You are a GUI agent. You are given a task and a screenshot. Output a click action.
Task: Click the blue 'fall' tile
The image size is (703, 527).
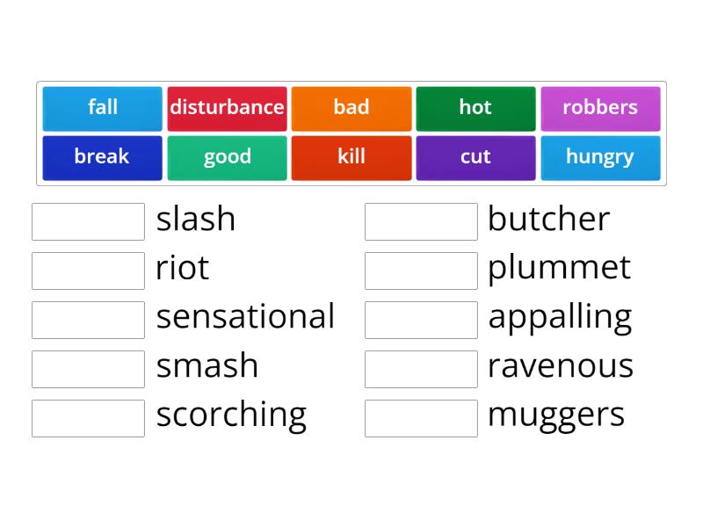click(102, 109)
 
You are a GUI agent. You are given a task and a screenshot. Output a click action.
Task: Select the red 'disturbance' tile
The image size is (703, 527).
click(227, 109)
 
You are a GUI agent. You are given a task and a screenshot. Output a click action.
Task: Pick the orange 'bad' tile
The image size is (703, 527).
click(351, 109)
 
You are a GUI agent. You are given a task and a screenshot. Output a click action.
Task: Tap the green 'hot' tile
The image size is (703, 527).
click(475, 109)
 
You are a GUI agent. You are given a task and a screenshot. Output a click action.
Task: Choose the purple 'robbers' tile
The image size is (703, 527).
click(600, 109)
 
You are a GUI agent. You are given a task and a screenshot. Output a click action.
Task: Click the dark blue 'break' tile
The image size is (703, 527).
click(102, 158)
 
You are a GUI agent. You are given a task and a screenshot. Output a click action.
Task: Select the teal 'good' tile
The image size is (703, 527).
click(227, 158)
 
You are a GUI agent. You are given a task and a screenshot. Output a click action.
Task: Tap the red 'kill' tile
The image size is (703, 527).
click(351, 158)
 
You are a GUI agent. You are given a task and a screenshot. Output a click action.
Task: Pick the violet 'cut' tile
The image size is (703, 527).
click(475, 158)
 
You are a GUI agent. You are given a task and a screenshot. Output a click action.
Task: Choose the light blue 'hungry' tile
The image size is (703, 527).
click(600, 158)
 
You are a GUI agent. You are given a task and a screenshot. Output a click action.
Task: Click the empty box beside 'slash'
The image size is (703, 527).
click(89, 221)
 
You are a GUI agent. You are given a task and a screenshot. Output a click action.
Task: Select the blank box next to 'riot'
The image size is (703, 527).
click(89, 271)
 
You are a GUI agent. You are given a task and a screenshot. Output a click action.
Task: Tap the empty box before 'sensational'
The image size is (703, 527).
click(89, 320)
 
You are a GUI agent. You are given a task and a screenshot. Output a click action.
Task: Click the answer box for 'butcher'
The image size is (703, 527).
click(421, 221)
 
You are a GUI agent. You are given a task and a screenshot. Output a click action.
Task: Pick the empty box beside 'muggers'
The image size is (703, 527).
click(421, 418)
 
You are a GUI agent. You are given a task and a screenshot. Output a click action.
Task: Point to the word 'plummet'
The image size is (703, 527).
click(560, 269)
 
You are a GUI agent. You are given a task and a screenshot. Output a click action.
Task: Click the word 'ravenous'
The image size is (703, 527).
click(561, 366)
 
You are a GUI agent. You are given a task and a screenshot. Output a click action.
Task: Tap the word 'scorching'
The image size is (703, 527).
click(231, 415)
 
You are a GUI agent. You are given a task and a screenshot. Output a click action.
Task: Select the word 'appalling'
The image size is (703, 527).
click(560, 318)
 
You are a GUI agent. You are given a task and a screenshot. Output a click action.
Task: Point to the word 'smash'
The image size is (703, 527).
click(207, 365)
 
